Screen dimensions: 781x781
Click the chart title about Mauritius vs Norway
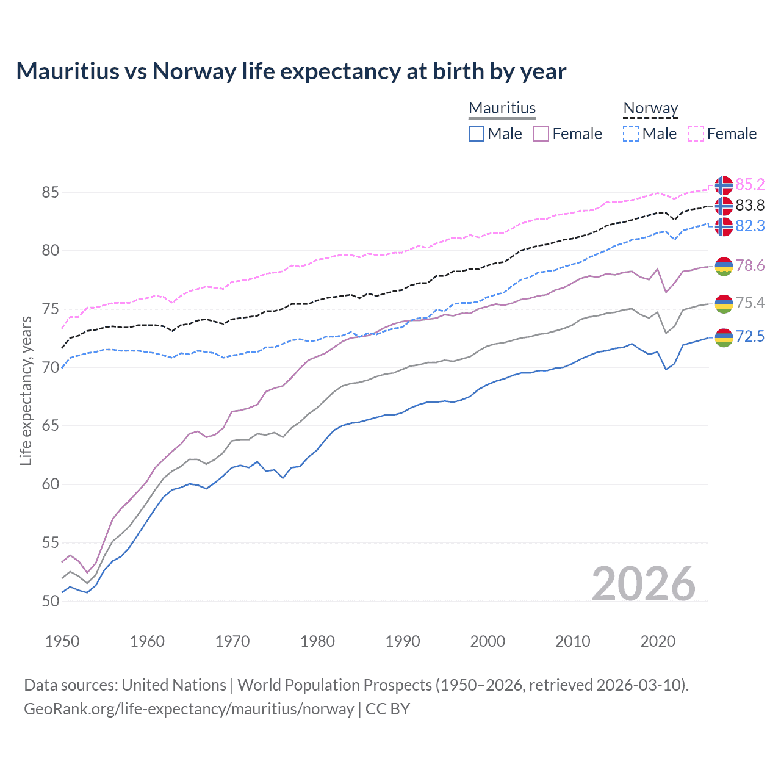pyautogui.click(x=291, y=71)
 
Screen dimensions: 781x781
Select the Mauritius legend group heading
pyautogui.click(x=502, y=108)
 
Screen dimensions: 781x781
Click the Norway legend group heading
pyautogui.click(x=650, y=108)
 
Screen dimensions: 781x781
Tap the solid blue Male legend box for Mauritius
pyautogui.click(x=477, y=134)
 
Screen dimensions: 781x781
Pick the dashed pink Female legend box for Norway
pyautogui.click(x=696, y=134)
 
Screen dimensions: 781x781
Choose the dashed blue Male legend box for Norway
pyautogui.click(x=631, y=134)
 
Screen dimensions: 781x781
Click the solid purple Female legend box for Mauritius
pyautogui.click(x=541, y=134)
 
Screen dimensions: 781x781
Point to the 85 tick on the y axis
pyautogui.click(x=50, y=192)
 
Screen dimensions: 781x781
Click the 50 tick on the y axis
pyautogui.click(x=50, y=601)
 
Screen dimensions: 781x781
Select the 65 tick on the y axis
pyautogui.click(x=50, y=426)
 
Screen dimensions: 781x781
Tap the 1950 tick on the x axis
pyautogui.click(x=62, y=641)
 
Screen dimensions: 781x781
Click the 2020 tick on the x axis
pyautogui.click(x=658, y=641)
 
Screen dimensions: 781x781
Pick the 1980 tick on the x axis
pyautogui.click(x=317, y=641)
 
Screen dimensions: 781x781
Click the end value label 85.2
pyautogui.click(x=750, y=184)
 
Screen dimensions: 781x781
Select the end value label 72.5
pyautogui.click(x=750, y=336)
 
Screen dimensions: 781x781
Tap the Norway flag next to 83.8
pyautogui.click(x=724, y=206)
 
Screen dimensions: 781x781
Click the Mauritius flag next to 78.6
pyautogui.click(x=724, y=266)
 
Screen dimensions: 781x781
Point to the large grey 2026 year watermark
pyautogui.click(x=644, y=584)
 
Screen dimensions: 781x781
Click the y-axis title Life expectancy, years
pyautogui.click(x=26, y=390)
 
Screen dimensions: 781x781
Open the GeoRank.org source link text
pyautogui.click(x=189, y=709)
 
